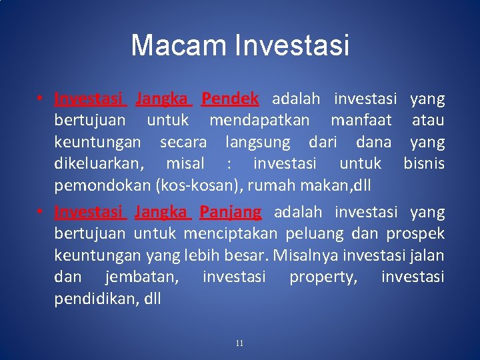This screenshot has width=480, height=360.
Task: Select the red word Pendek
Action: coord(230,99)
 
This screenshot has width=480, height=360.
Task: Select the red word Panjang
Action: coord(231,212)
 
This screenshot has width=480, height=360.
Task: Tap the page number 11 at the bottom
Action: coord(239,343)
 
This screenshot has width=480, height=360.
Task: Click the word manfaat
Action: coord(362,121)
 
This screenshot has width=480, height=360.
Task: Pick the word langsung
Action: coord(258,142)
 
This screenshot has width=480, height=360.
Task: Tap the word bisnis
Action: coord(423,163)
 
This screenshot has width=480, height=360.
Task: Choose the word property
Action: coord(323,277)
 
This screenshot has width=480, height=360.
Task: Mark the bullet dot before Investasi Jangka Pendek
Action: coord(41,99)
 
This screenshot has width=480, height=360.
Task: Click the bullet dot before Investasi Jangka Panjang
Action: coord(41,213)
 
